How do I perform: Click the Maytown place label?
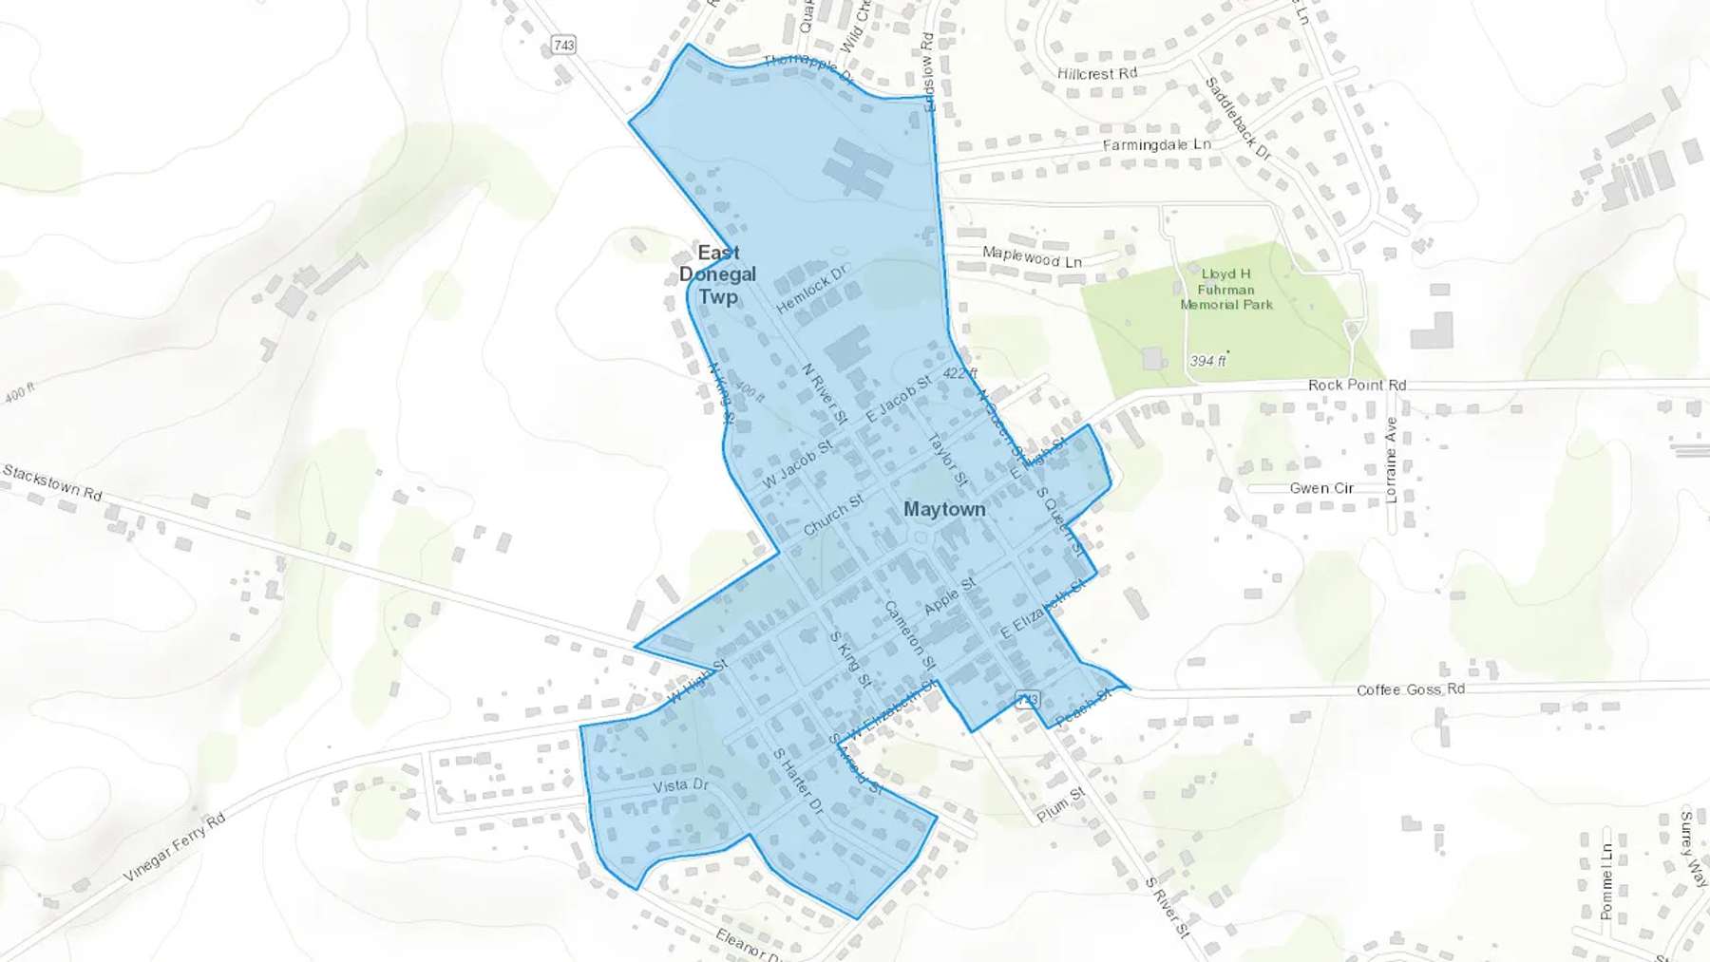coord(944,510)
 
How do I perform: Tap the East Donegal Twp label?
coord(718,274)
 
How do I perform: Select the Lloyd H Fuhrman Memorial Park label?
coord(1225,289)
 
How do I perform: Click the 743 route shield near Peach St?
coord(1027,700)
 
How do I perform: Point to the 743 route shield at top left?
coord(563,45)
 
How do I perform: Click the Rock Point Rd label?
coord(1357,385)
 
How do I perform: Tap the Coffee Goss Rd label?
coord(1410,689)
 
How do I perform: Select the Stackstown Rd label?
coord(52,482)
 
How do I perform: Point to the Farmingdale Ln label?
coord(1156,145)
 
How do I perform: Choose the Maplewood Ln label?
coord(1032,256)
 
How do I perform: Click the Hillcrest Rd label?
coord(1096,73)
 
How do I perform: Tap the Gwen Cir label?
coord(1321,488)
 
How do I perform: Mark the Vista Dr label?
coord(681,786)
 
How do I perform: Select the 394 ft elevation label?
coord(1206,361)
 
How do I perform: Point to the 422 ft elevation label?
coord(959,373)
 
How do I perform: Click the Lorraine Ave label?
coord(1392,460)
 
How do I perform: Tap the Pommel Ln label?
coord(1605,881)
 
